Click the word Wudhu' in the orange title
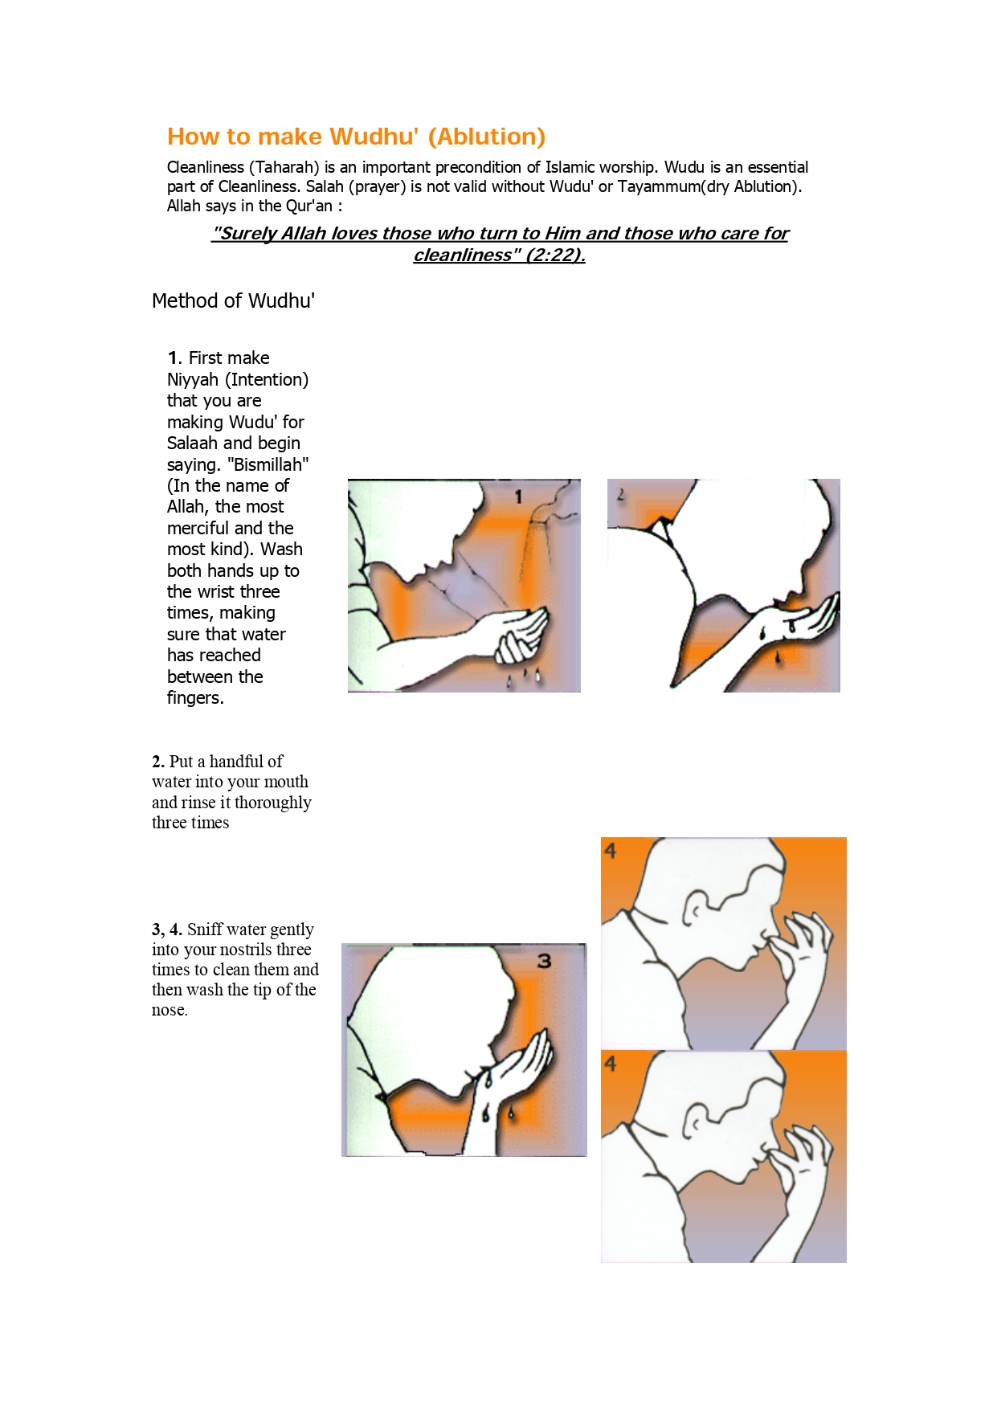point(374,137)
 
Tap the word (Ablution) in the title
point(486,137)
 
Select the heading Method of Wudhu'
point(233,300)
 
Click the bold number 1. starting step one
point(174,358)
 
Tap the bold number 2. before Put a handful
point(158,762)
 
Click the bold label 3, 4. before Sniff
point(166,930)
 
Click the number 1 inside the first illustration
point(519,497)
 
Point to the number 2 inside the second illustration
point(620,495)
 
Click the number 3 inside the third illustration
point(544,961)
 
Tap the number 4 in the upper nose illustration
point(611,851)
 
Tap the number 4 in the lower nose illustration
point(611,1064)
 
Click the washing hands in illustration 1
point(518,635)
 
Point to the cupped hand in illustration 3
point(522,1061)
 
